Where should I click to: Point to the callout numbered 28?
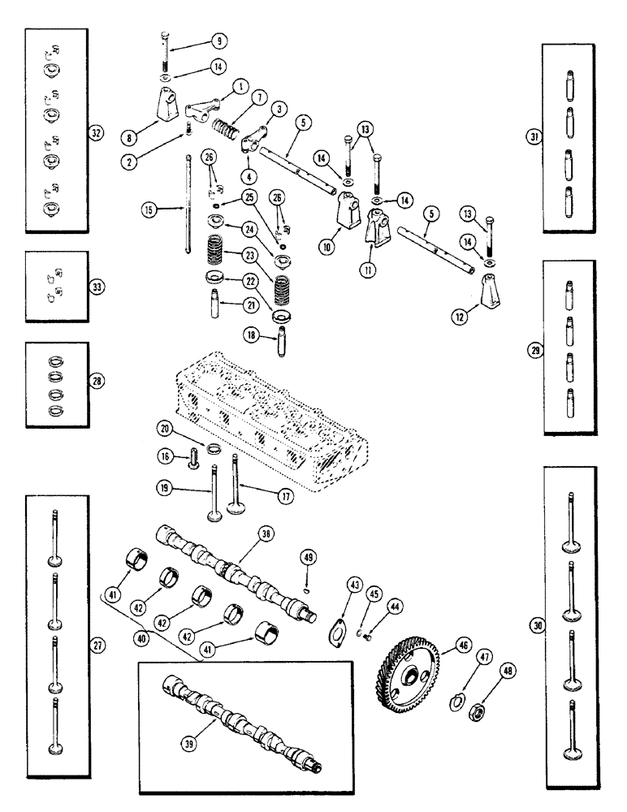97,380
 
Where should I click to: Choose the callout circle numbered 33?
97,287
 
